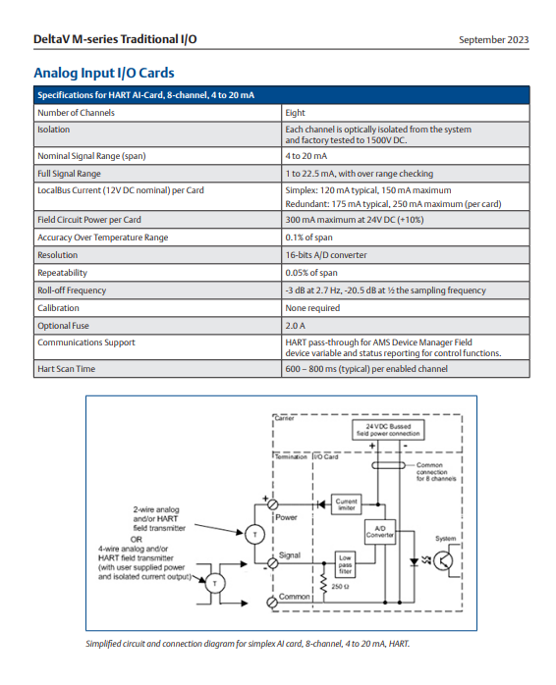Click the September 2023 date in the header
[493, 40]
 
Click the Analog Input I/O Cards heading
[104, 73]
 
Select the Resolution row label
[58, 255]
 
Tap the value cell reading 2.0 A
[296, 326]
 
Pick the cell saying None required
[312, 308]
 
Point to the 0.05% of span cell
[311, 273]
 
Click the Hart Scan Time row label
[66, 369]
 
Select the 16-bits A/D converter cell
[326, 255]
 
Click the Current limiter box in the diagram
[347, 504]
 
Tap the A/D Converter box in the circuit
[380, 532]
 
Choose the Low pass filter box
[345, 564]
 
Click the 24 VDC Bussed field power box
[388, 430]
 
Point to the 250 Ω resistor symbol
[324, 583]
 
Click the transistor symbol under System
[443, 561]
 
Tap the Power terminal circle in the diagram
[272, 505]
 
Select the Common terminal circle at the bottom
[272, 603]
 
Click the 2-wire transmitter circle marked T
[255, 534]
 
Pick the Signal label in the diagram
[290, 554]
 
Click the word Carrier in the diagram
[284, 418]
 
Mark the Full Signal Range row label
[69, 174]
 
